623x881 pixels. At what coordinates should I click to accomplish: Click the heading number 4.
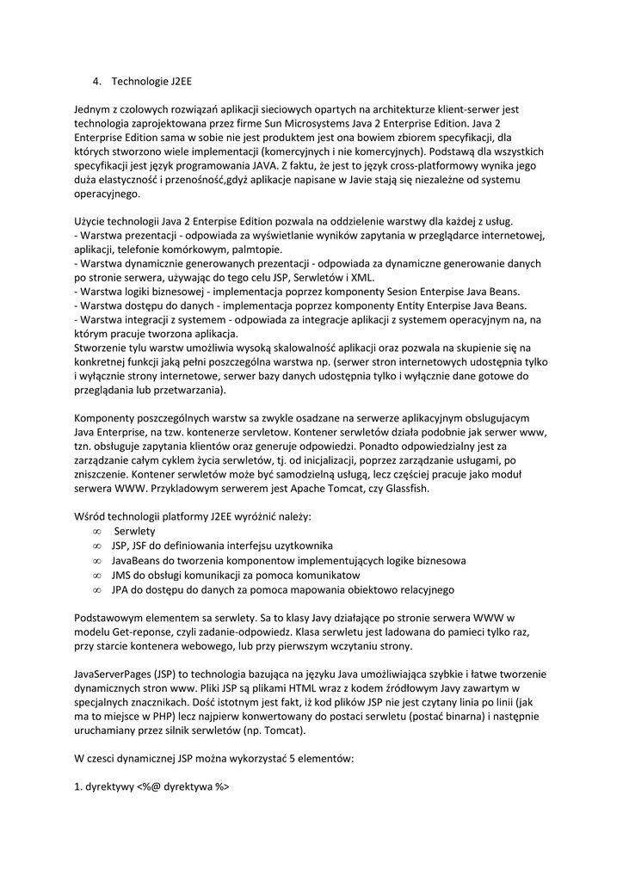[97, 83]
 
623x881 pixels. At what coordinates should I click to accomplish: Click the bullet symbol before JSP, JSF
[96, 546]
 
